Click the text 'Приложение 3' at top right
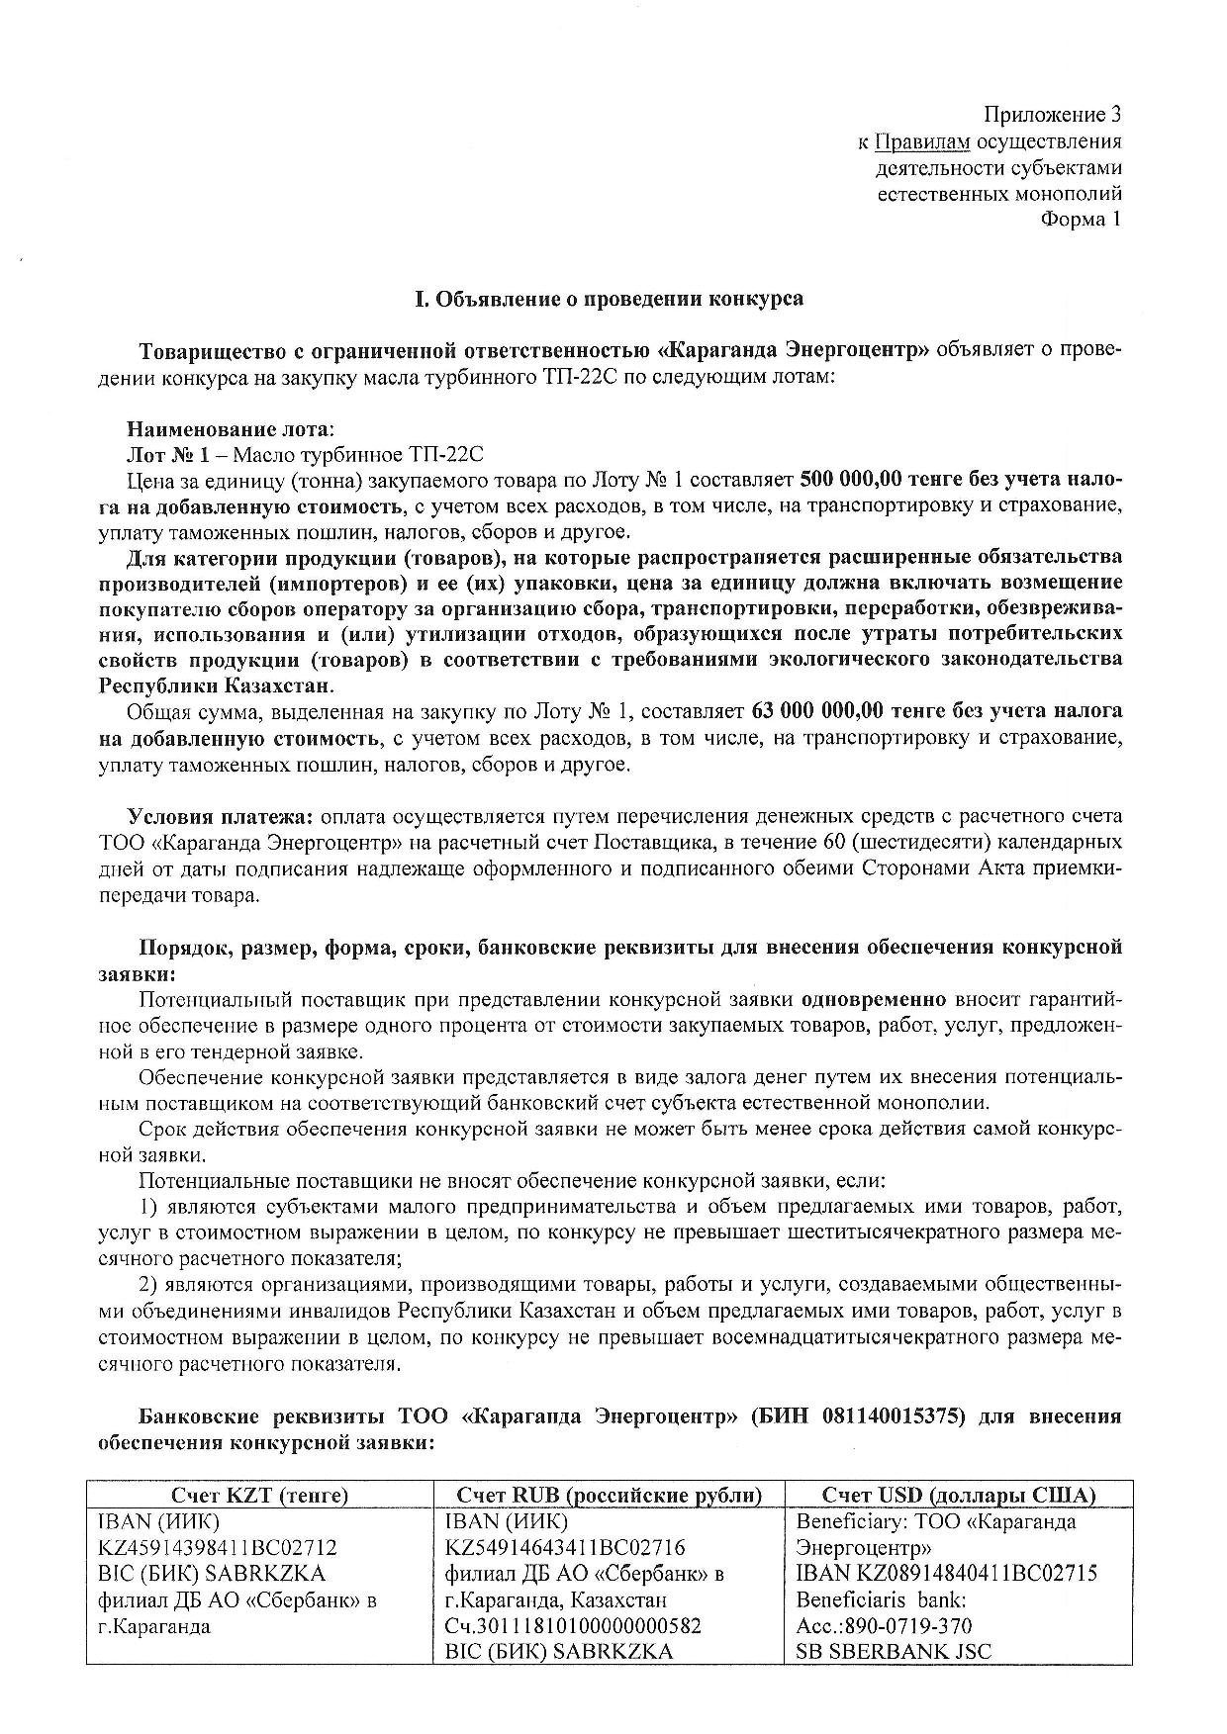click(1053, 115)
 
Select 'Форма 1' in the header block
click(1081, 219)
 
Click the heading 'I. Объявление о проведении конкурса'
click(609, 298)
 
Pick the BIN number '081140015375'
click(893, 1415)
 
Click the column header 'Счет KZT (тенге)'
click(259, 1495)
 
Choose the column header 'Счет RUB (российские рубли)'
click(609, 1495)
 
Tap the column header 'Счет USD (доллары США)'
click(959, 1495)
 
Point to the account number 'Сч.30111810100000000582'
click(574, 1625)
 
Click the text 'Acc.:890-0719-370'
click(884, 1625)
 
